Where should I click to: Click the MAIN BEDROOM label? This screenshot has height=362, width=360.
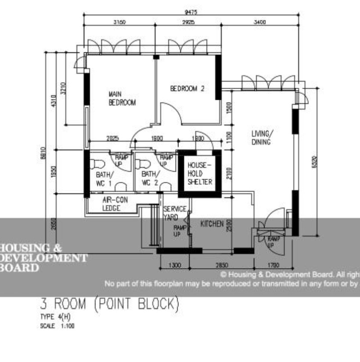click(x=122, y=98)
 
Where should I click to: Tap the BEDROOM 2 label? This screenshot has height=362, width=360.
click(x=187, y=89)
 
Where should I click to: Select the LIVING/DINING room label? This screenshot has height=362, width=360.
click(x=261, y=138)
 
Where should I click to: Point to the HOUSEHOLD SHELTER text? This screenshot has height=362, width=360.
click(x=200, y=173)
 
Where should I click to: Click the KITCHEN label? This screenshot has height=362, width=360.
click(x=211, y=223)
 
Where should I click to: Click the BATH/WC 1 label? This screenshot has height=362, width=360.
click(x=105, y=179)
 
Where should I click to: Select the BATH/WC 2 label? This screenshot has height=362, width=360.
click(x=150, y=179)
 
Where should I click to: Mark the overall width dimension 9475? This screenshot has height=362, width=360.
click(x=191, y=12)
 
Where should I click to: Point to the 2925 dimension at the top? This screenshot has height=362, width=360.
click(x=189, y=22)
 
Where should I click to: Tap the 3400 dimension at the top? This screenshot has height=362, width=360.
click(x=260, y=22)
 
